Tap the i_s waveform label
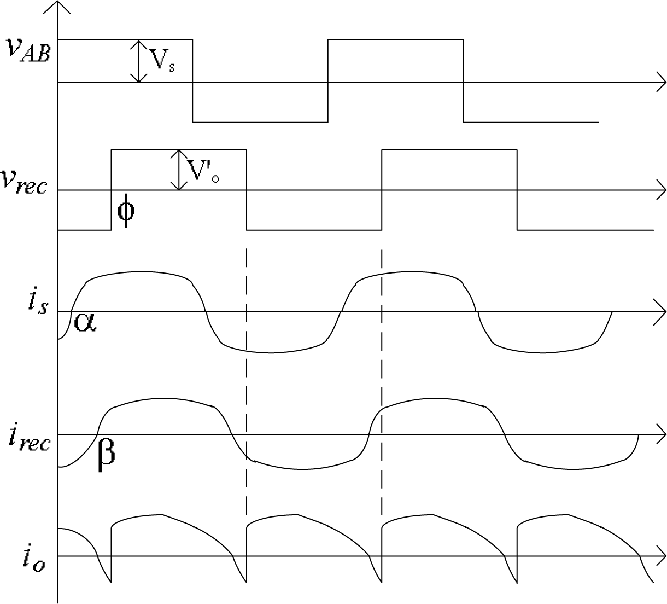(37, 300)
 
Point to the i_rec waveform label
(30, 437)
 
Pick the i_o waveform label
(33, 557)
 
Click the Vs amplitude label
(162, 61)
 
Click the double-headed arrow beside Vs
(139, 61)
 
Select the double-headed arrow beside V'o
(179, 170)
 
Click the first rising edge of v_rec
(112, 190)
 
